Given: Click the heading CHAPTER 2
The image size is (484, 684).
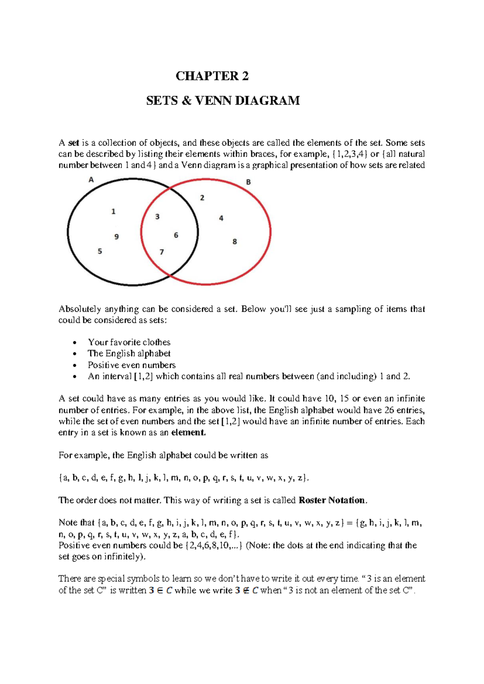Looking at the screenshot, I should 212,76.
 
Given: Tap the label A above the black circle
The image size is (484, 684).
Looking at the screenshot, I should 91,180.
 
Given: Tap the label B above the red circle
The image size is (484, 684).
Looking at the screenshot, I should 248,182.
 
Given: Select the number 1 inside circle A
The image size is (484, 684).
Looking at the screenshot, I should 113,211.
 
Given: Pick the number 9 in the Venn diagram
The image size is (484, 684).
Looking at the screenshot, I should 117,237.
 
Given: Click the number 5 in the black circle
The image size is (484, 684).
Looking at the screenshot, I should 100,251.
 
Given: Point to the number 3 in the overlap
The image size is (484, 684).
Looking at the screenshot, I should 157,217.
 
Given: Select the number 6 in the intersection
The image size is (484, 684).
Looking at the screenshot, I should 176,235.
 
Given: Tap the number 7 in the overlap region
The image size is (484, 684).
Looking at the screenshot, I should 162,252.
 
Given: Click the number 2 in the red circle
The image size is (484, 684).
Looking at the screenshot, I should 202,198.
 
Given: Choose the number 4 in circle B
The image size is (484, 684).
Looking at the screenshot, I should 221,218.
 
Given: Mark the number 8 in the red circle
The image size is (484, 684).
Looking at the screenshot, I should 234,242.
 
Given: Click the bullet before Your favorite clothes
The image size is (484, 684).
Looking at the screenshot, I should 75,343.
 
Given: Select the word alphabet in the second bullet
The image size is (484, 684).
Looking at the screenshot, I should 154,354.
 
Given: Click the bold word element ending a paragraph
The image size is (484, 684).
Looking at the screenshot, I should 188,433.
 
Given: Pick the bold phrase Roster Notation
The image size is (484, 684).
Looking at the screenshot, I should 332,500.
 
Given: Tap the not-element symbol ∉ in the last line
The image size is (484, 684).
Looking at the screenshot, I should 244,590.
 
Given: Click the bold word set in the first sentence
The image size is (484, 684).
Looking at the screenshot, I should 73,143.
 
